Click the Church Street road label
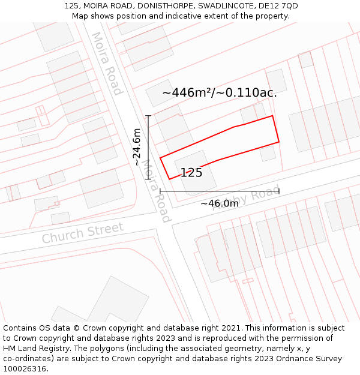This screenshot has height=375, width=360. click(83, 232)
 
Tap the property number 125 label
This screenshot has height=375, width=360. click(191, 173)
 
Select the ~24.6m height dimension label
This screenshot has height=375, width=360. click(137, 148)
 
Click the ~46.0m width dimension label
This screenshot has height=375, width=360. click(220, 203)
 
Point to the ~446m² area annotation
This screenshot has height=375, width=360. click(219, 93)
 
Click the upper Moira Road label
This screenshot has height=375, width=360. click(107, 64)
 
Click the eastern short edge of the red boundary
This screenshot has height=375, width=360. click(276, 129)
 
